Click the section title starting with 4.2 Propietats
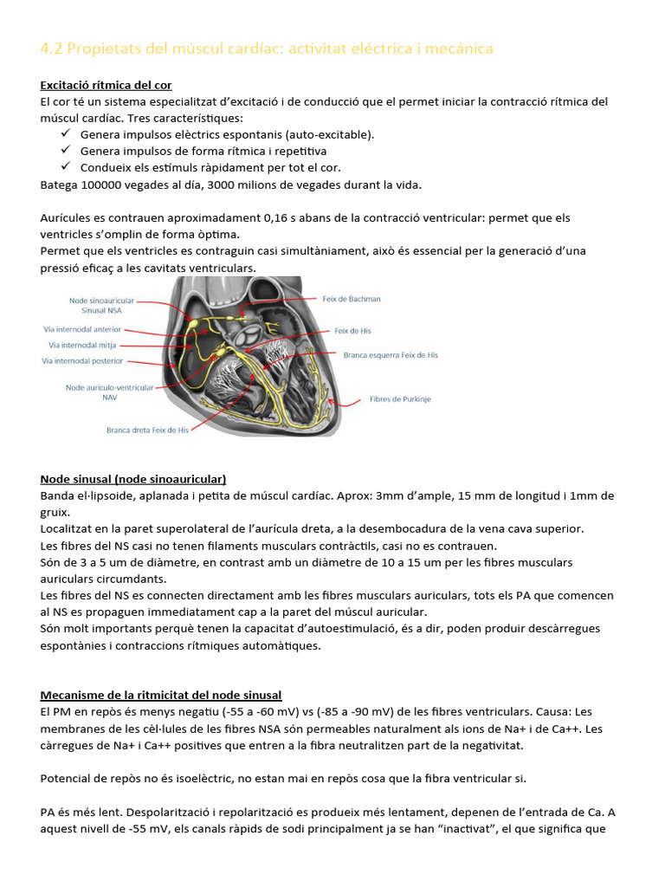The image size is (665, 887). coord(267,49)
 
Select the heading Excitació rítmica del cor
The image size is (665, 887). coord(106,85)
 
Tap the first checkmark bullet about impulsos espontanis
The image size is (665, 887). coord(66,134)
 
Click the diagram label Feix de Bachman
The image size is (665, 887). coord(351,299)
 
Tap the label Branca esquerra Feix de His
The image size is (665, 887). coord(391,355)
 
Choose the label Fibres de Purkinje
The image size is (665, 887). coord(400,399)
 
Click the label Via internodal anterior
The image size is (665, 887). coord(82,329)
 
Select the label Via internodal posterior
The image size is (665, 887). coord(82,360)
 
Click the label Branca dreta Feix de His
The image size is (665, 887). coord(146,429)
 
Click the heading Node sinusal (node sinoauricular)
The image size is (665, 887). coord(133,479)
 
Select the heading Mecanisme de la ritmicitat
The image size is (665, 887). coord(160,696)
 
